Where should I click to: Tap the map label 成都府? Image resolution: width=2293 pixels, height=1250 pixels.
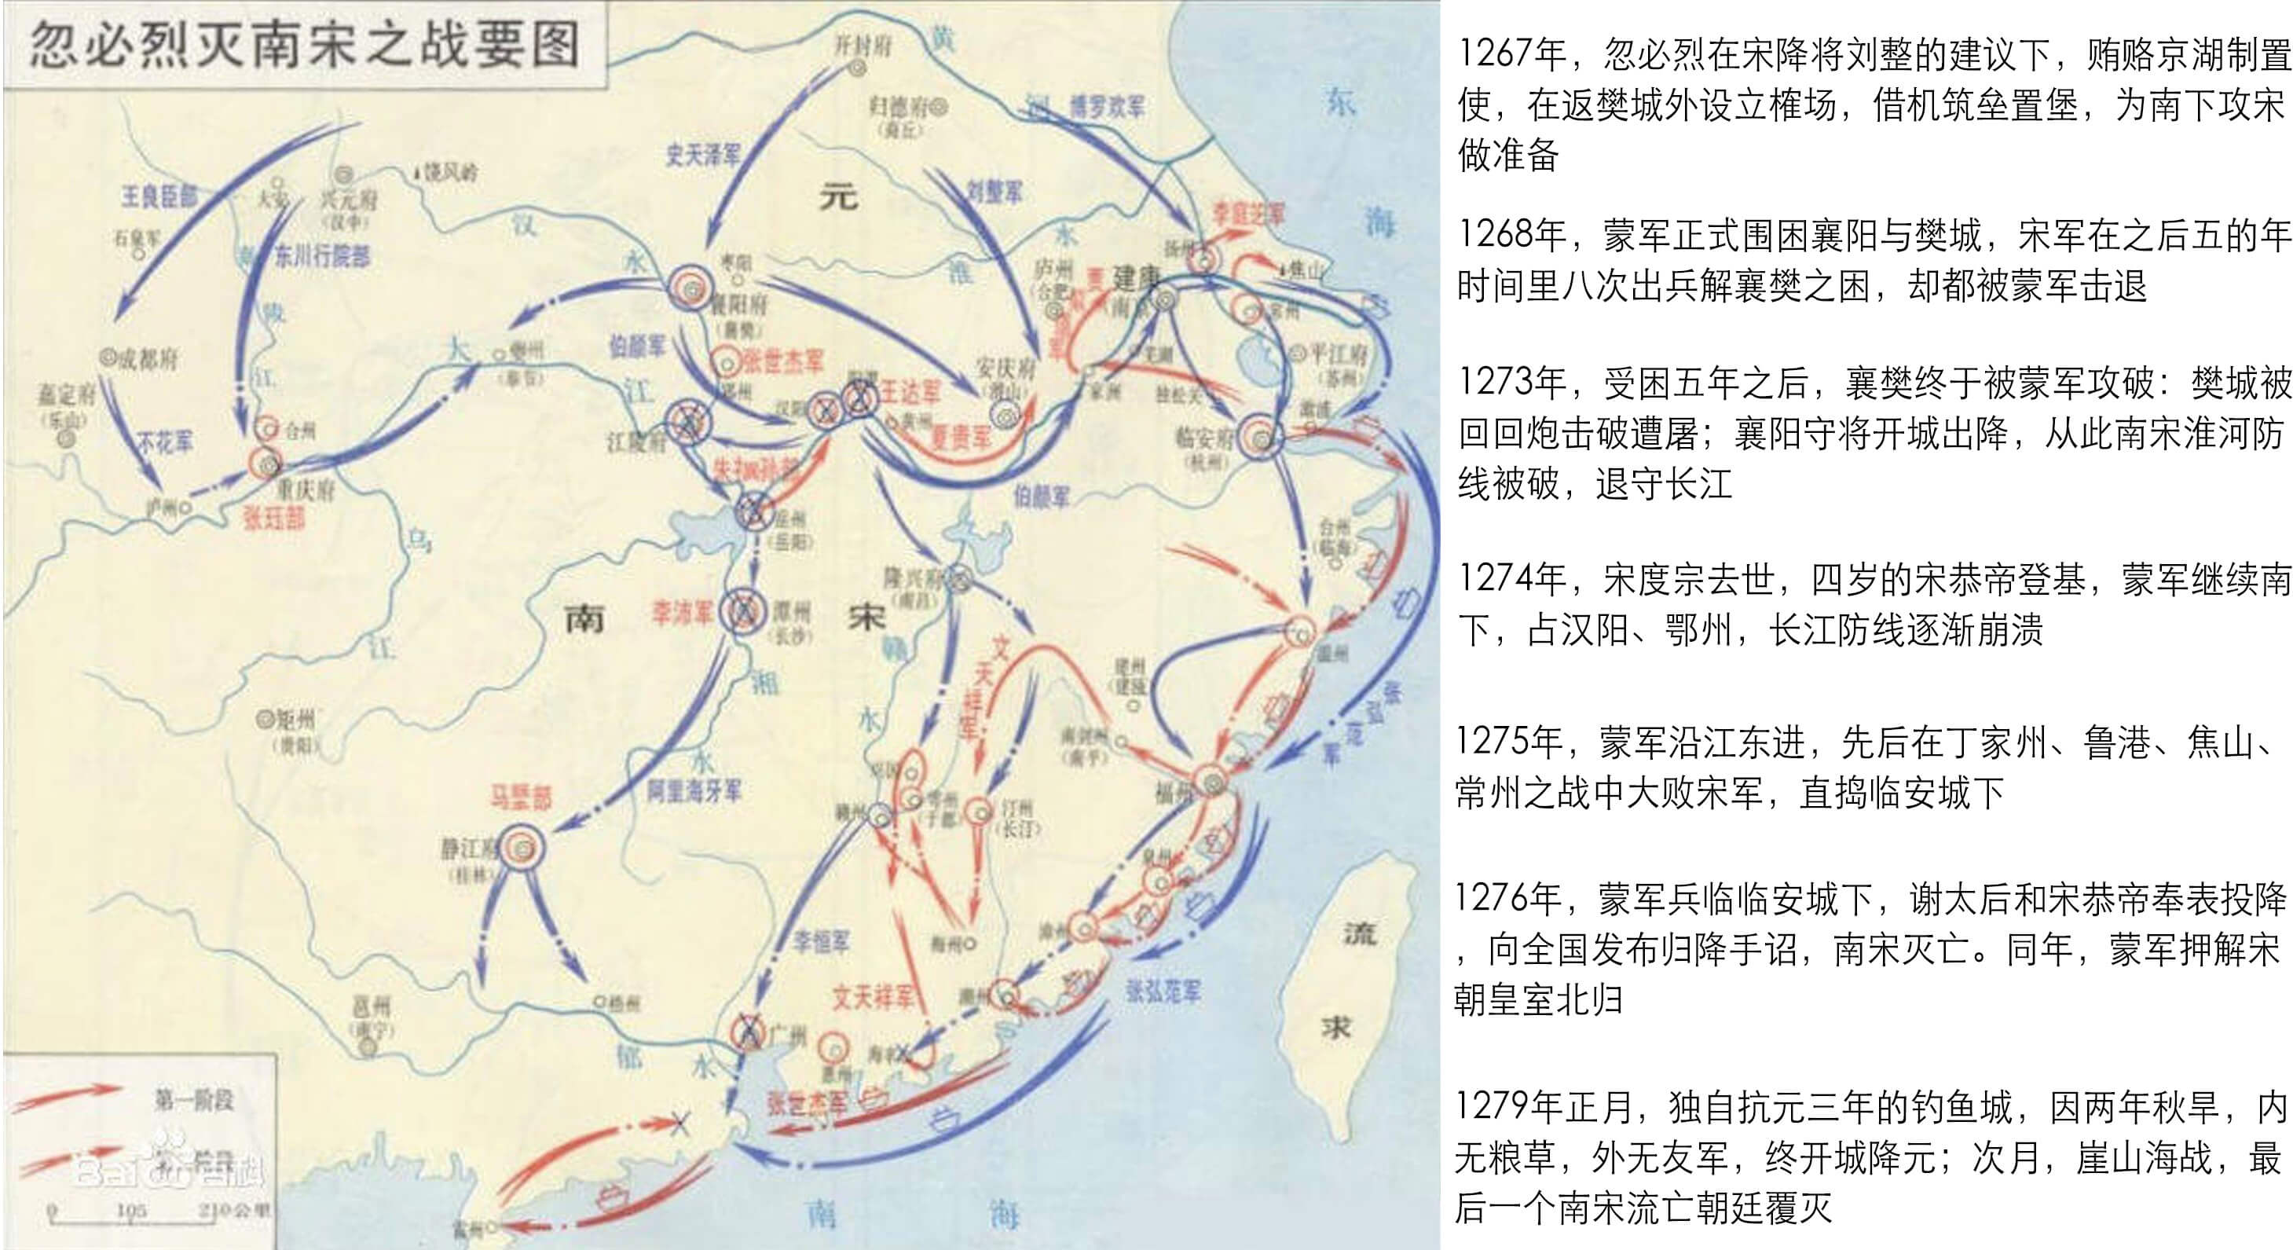(x=148, y=359)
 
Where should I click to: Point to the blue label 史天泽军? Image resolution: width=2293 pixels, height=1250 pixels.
(x=703, y=155)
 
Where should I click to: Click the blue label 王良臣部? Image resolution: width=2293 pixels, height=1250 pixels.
(x=159, y=196)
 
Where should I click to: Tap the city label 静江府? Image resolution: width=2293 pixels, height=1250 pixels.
(x=467, y=848)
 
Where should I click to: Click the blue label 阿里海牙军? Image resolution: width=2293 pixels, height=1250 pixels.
(x=694, y=790)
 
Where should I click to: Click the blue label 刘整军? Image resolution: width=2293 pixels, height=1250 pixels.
(x=994, y=191)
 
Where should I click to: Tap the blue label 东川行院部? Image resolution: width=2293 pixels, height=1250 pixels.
(x=321, y=256)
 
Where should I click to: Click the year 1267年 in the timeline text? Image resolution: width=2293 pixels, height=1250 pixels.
(x=1511, y=54)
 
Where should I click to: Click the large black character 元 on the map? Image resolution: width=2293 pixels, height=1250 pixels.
(x=837, y=195)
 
